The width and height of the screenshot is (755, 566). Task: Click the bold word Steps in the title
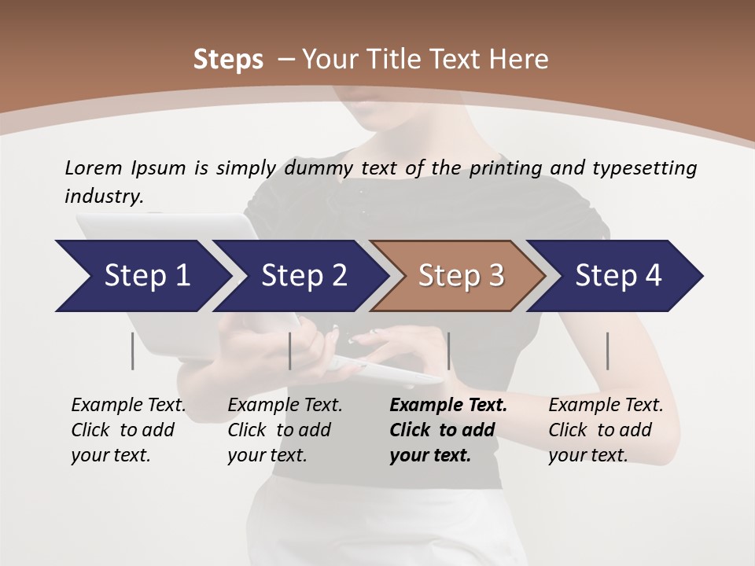[228, 60]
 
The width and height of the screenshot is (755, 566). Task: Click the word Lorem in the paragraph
[92, 167]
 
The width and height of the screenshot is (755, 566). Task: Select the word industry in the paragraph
[103, 196]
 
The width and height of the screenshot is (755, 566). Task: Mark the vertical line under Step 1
[133, 351]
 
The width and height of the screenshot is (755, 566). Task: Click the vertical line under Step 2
[290, 351]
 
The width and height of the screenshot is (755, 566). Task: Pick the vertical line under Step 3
[448, 351]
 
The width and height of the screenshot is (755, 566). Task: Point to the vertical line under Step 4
[607, 351]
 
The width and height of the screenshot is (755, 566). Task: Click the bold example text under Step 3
[447, 430]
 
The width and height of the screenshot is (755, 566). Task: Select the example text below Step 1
[127, 430]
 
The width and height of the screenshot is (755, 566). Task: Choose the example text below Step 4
[605, 430]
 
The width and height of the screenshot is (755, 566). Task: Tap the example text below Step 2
[284, 430]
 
